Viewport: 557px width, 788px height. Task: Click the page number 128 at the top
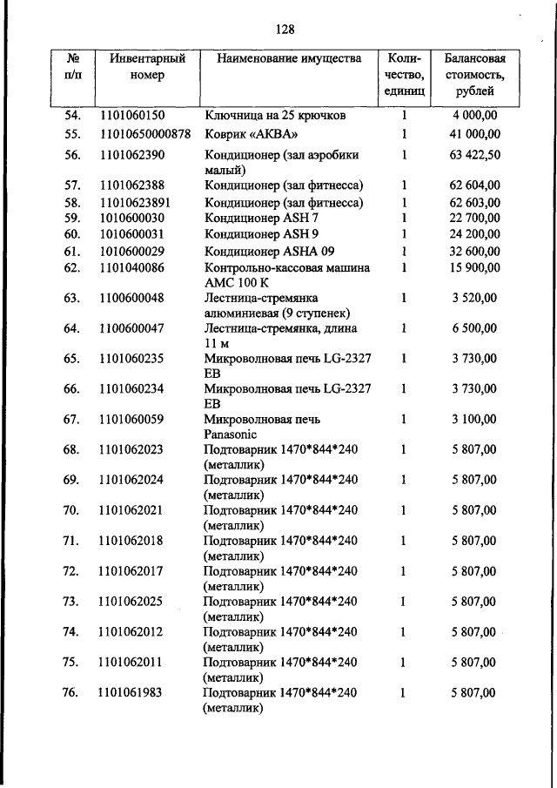[x=285, y=29]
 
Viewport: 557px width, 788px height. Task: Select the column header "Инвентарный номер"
[x=149, y=67]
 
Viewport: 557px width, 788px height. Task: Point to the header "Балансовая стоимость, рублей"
[x=475, y=75]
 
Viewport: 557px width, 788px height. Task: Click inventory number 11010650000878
[x=145, y=134]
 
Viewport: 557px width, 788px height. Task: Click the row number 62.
[x=72, y=267]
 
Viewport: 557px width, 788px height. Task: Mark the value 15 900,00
[x=475, y=267]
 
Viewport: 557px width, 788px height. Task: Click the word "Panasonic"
[x=232, y=434]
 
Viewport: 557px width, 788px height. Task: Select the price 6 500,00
[x=475, y=328]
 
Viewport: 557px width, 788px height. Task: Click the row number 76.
[x=72, y=693]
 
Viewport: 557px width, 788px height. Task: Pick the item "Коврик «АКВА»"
[x=252, y=134]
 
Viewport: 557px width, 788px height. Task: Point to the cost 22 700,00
[x=475, y=218]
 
